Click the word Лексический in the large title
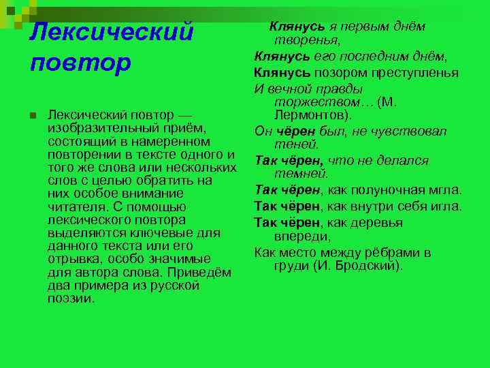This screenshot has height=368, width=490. click(x=112, y=32)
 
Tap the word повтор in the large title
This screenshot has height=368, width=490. click(x=80, y=63)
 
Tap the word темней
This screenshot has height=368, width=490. click(x=301, y=174)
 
